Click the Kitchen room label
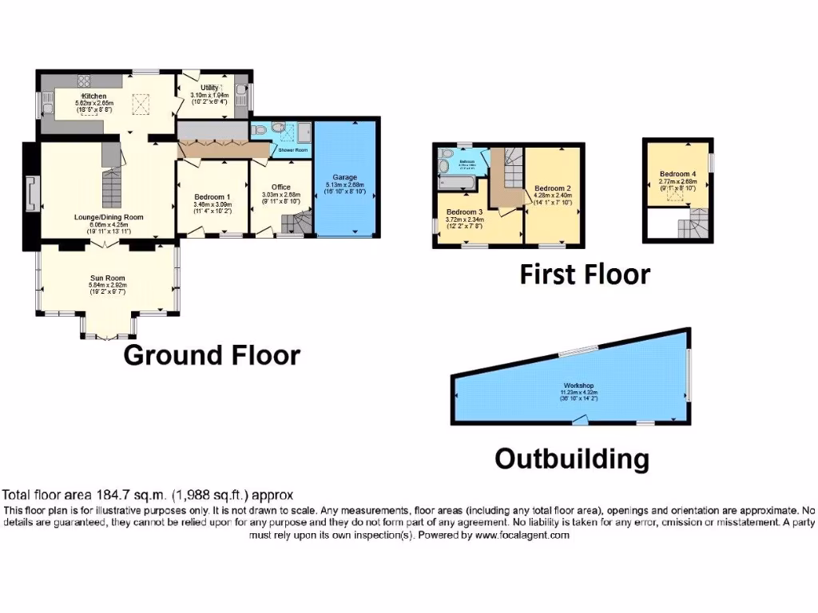(89, 97)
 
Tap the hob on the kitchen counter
(84, 81)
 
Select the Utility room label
(209, 88)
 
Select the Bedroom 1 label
(212, 196)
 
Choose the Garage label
(346, 177)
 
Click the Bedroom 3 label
(464, 212)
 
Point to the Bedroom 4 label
(677, 174)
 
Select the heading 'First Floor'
(585, 275)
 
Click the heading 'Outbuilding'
(571, 459)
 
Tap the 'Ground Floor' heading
(212, 355)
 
